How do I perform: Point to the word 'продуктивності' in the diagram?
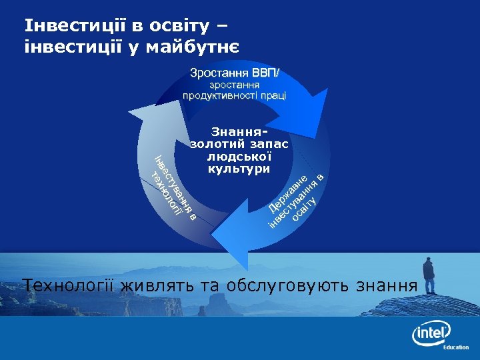221,95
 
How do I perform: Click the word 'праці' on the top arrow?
273,95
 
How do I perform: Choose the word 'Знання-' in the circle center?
239,132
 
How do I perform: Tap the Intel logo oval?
431,331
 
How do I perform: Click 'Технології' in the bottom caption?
70,286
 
